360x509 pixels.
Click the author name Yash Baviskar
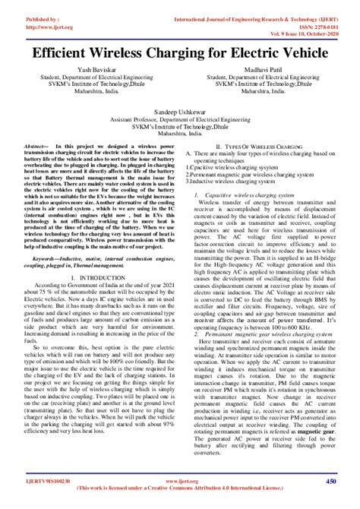click(93, 70)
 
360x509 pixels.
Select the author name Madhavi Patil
click(265, 70)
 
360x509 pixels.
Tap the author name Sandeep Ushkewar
click(180, 109)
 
